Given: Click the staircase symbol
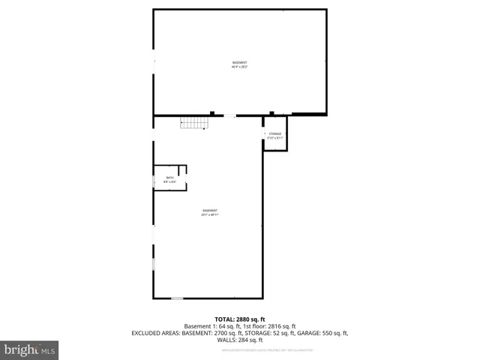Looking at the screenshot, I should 193,124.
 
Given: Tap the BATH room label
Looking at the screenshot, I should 169,178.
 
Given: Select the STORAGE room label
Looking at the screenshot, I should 274,133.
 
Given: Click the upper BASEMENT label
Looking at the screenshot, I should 239,62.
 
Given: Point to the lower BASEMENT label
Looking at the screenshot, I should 209,210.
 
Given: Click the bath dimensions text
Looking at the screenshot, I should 169,182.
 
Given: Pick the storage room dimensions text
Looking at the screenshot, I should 274,138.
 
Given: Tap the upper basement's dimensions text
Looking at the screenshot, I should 239,67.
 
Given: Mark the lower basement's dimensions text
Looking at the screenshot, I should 209,214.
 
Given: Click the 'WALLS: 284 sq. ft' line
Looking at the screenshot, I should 240,340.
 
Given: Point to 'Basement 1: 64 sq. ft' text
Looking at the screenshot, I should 209,326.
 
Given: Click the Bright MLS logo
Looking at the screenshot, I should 30,350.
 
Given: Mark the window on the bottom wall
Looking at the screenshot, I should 177,298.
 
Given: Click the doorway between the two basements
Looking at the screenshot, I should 228,115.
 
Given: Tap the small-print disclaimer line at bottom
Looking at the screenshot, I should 240,348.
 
